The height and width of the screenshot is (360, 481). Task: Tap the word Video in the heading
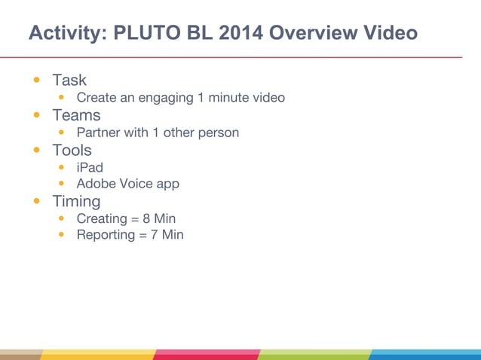tap(389, 34)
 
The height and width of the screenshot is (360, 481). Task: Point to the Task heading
tap(69, 80)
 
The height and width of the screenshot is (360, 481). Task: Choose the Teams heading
tap(76, 115)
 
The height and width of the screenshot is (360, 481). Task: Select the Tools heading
tap(72, 150)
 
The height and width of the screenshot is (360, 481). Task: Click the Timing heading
tap(76, 201)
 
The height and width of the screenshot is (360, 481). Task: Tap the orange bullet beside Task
tap(36, 80)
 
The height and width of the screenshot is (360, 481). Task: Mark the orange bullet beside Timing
tap(36, 201)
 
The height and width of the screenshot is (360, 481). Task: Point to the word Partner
tap(100, 133)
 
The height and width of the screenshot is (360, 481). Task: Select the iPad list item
tap(90, 167)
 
